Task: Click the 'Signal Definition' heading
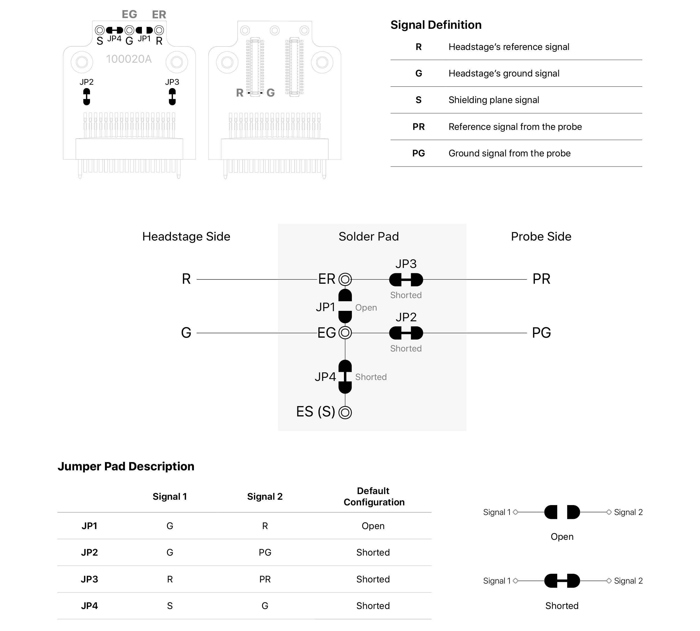(x=436, y=25)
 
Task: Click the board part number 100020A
(x=129, y=59)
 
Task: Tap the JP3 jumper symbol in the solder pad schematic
(x=406, y=280)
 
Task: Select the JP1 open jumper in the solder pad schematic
(x=345, y=306)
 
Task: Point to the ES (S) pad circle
(x=345, y=412)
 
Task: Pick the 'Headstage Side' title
(x=186, y=237)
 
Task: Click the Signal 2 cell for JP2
(x=265, y=552)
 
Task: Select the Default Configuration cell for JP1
(x=373, y=526)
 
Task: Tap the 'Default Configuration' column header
(x=374, y=497)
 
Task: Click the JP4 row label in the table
(x=89, y=606)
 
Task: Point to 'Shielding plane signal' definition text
(x=493, y=100)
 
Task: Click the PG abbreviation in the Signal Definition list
(x=418, y=153)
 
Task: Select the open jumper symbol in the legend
(x=562, y=512)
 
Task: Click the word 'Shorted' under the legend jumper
(x=562, y=606)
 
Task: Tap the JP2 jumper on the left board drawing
(x=87, y=97)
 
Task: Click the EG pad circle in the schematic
(x=345, y=333)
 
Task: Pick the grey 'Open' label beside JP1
(x=366, y=307)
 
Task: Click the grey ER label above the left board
(x=159, y=15)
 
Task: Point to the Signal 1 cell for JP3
(x=170, y=579)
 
